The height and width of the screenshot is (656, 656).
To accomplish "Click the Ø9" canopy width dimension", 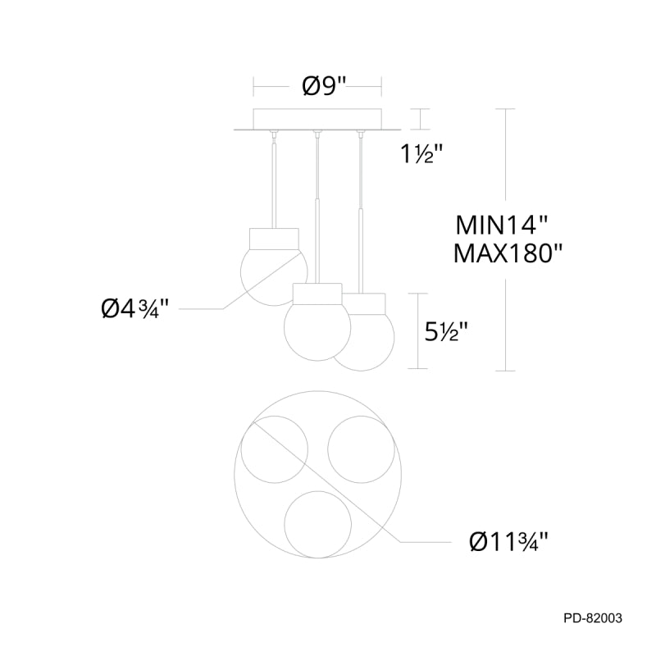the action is point(324,86).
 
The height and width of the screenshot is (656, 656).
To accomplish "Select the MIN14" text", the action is point(501,225).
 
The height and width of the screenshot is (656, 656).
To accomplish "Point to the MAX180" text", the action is point(508,253).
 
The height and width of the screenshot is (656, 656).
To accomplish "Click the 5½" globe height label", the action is point(445,332).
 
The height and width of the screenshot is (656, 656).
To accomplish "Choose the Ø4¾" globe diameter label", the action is point(134,310).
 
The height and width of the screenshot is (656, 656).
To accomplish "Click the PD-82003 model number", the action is point(593,618).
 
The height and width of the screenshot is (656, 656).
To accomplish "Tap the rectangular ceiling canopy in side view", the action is point(317,119).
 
